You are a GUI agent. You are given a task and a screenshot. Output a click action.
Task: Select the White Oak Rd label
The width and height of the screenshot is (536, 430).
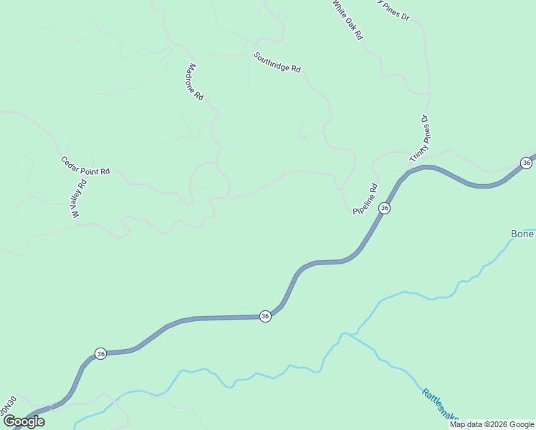[x=348, y=19]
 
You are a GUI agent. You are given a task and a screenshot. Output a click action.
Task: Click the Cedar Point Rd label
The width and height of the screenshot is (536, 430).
[x=85, y=166]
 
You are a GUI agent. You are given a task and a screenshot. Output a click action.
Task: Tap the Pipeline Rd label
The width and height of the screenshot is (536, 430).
[x=365, y=199]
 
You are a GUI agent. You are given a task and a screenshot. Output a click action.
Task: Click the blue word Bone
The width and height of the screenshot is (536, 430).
[x=522, y=234]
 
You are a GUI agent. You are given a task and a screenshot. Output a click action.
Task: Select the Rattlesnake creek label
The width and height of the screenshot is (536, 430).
[x=441, y=406]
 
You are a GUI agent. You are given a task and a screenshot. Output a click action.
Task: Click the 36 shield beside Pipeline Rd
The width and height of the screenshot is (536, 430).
[x=385, y=208]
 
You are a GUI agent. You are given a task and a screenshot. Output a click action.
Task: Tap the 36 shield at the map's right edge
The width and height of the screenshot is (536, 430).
[x=527, y=163]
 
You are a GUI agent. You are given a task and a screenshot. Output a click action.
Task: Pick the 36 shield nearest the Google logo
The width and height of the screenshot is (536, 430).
[x=100, y=353]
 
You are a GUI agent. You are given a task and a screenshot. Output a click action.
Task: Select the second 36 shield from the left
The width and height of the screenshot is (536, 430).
[x=265, y=316]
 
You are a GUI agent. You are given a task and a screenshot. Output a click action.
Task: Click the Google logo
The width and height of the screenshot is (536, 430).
[x=24, y=421]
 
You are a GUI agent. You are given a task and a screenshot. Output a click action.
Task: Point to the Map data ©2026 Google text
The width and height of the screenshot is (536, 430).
[x=492, y=424]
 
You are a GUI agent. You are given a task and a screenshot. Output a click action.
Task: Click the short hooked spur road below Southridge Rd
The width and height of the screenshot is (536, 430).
[x=305, y=131]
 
